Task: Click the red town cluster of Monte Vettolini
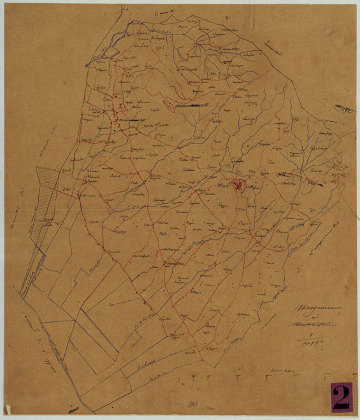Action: (238, 185)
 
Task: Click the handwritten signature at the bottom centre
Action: (189, 403)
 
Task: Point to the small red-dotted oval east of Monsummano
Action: (167, 102)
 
